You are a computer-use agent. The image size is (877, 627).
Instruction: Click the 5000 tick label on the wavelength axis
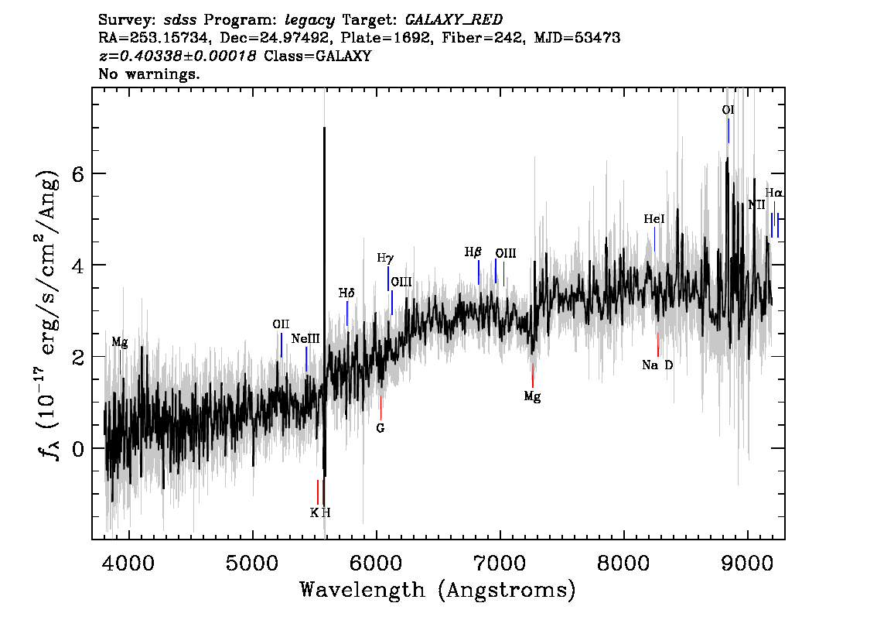(x=253, y=563)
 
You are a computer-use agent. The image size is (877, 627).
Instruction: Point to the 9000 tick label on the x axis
(x=747, y=563)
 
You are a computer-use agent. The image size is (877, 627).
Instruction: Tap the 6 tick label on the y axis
(x=78, y=174)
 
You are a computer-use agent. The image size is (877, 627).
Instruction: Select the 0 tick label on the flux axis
(x=78, y=448)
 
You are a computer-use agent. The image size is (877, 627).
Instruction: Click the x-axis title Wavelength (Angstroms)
(x=438, y=590)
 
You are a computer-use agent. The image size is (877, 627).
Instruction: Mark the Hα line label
(x=774, y=193)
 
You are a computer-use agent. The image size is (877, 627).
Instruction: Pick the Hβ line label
(x=473, y=252)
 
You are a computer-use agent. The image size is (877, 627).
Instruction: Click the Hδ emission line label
(x=346, y=293)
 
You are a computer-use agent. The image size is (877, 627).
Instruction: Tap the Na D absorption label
(x=657, y=365)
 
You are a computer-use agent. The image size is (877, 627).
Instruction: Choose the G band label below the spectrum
(x=380, y=428)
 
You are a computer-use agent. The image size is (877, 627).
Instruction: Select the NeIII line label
(x=305, y=339)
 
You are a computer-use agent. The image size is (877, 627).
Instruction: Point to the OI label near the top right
(x=728, y=110)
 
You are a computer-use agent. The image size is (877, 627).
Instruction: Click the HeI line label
(x=654, y=219)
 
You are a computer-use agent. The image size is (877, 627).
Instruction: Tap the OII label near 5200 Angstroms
(x=281, y=324)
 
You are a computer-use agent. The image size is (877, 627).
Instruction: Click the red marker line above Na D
(x=657, y=344)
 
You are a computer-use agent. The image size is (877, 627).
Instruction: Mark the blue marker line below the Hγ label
(x=388, y=278)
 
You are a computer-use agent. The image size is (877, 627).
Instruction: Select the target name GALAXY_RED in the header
(x=454, y=20)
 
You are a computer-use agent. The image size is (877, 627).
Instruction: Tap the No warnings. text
(x=148, y=74)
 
